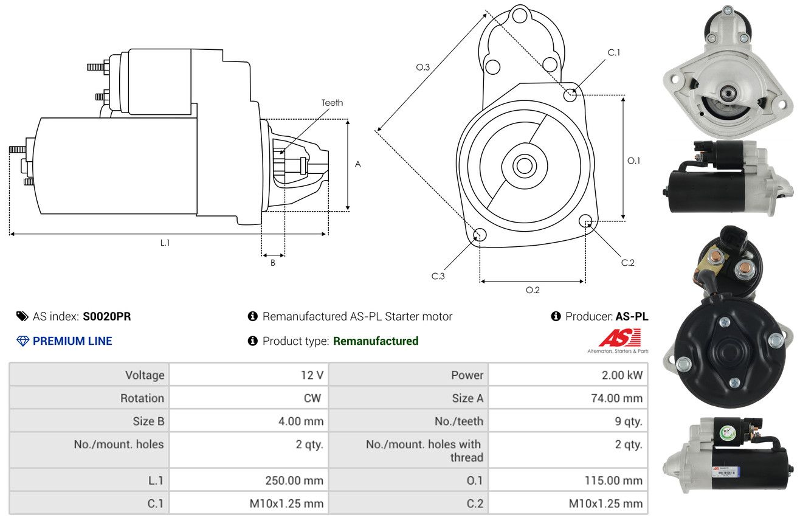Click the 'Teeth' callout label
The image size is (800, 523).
332,103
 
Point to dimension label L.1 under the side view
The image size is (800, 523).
165,243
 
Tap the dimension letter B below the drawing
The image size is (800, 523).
273,263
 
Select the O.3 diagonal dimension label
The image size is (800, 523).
423,67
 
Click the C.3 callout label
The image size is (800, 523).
438,276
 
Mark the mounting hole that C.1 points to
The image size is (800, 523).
570,95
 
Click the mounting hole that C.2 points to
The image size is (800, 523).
585,221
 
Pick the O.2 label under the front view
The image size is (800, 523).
533,290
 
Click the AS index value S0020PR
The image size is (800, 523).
107,316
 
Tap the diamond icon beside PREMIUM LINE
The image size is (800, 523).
23,341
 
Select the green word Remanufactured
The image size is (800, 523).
376,341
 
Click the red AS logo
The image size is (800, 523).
619,338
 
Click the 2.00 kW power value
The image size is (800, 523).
622,375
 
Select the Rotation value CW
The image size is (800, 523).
312,398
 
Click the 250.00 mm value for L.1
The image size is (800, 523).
294,480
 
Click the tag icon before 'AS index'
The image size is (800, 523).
22,316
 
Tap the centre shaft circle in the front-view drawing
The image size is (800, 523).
524,166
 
